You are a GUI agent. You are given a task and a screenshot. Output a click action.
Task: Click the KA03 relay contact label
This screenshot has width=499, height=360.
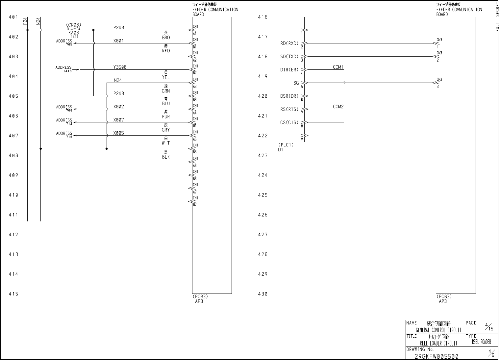pos(73,33)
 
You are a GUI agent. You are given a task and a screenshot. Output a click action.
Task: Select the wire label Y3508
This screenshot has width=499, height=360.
pos(120,67)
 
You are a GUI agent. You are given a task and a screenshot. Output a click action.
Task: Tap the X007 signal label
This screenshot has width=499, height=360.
pos(118,120)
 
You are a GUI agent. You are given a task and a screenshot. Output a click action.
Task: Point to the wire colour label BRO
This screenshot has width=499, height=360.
pos(166,38)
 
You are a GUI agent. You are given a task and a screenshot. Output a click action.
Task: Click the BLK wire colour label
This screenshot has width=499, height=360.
pos(166,157)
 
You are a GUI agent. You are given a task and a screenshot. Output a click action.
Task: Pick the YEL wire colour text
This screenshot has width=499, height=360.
pos(166,77)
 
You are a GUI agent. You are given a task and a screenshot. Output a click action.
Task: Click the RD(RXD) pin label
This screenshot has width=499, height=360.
pos(289,43)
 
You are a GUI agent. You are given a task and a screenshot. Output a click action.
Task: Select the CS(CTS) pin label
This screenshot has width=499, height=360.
pos(289,122)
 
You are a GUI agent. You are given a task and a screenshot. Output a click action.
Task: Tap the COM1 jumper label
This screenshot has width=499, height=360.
pos(338,67)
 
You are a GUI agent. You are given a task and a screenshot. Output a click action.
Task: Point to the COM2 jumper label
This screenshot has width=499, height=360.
pos(338,107)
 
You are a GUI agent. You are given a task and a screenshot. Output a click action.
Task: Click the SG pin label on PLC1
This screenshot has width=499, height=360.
pos(296,83)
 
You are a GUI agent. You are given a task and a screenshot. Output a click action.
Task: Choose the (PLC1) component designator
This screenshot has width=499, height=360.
pos(286,145)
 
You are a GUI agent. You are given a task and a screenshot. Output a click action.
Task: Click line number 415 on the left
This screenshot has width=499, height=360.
pos(13,294)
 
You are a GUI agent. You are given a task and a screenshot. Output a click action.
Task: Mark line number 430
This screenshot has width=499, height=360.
pos(262,294)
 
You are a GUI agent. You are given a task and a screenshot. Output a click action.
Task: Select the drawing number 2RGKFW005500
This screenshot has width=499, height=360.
pos(436,356)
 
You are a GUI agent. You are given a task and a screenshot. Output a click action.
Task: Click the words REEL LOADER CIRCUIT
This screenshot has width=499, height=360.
pos(438,343)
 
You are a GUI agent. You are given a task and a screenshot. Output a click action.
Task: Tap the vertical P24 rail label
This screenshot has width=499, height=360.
pos(25,21)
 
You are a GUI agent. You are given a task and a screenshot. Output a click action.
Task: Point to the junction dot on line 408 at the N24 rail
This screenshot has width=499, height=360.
pos(41,149)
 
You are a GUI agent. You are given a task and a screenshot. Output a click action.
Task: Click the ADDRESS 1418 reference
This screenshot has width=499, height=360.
pos(64,68)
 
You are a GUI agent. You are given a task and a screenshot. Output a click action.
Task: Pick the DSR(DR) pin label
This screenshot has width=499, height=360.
pos(289,96)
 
